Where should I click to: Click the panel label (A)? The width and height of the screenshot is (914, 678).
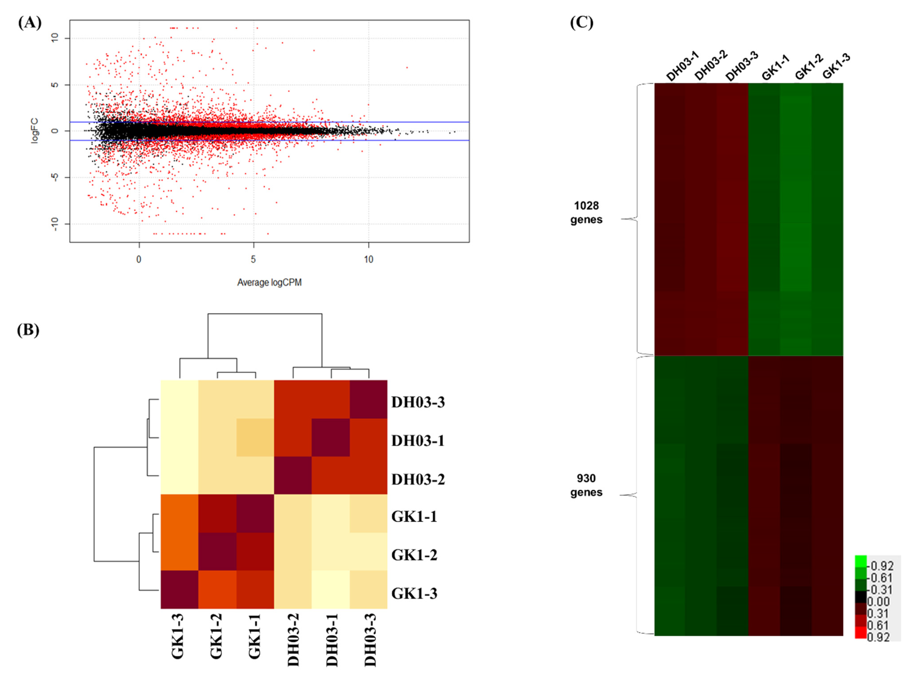[30, 23]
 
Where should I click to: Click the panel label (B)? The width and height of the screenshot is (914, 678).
[28, 330]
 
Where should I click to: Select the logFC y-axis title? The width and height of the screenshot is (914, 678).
[35, 131]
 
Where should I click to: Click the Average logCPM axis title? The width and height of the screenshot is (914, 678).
[269, 282]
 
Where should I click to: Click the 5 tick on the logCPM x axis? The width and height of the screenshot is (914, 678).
[253, 259]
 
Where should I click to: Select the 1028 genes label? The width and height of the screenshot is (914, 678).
[586, 213]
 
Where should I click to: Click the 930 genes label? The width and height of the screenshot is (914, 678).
[586, 485]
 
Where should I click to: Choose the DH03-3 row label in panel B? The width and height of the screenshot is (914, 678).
[418, 402]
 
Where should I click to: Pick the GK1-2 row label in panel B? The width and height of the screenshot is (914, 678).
[414, 555]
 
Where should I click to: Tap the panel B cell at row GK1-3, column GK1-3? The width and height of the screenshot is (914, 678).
[179, 589]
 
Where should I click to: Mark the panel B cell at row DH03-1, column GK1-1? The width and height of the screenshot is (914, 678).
[255, 438]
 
